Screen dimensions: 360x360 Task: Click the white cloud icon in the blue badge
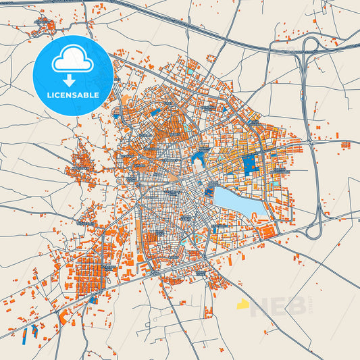[72, 60]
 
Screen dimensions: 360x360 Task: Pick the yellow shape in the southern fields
[242, 305]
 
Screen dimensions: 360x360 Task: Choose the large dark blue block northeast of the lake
[251, 165]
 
